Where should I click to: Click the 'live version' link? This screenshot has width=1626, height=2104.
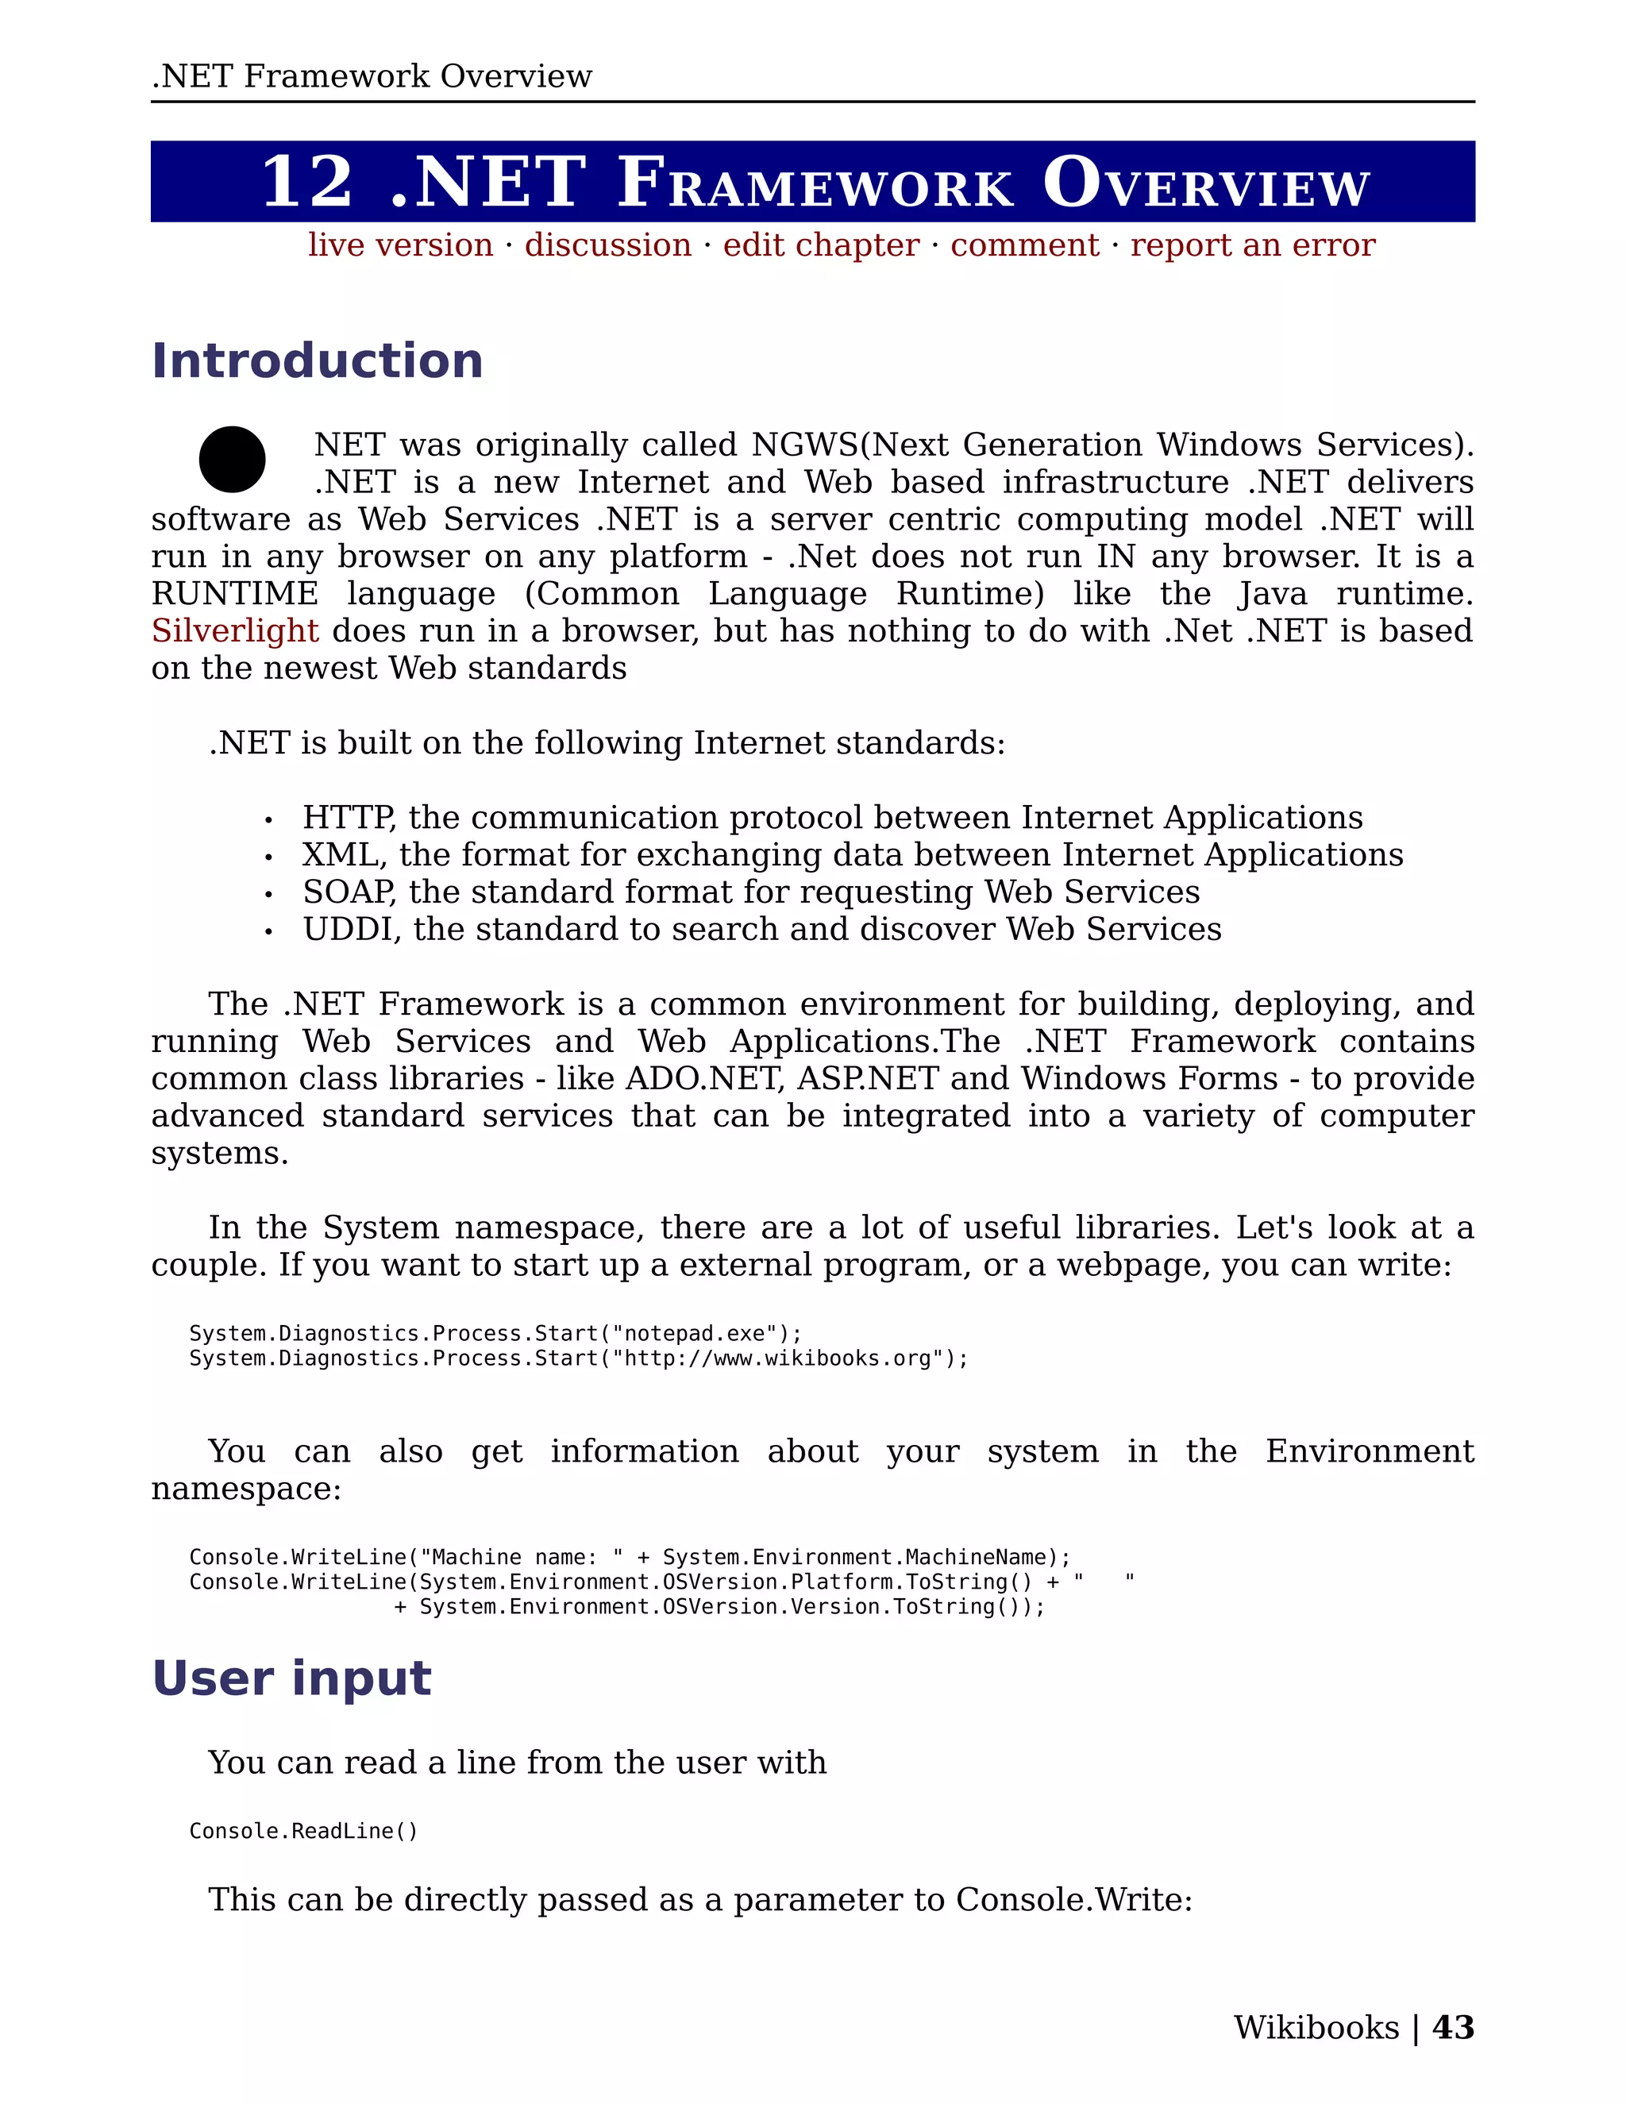pos(400,245)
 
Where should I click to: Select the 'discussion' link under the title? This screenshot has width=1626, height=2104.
pos(608,245)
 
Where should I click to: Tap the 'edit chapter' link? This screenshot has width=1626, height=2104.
pos(821,245)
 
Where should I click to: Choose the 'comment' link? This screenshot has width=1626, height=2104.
pos(1024,245)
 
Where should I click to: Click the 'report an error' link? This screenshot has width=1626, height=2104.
pos(1252,245)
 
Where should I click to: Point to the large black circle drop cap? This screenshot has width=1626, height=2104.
pos(232,460)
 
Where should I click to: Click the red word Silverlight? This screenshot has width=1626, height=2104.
pos(234,631)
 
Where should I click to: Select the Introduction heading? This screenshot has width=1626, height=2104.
pos(317,361)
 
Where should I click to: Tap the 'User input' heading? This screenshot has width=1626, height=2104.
pos(291,1678)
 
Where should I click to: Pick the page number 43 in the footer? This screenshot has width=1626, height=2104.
pos(1453,2027)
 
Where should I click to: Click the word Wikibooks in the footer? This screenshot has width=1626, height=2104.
pos(1316,2027)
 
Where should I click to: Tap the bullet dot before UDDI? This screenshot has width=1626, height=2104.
pos(269,931)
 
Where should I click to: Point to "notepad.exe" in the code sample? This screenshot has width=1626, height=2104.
pos(694,1333)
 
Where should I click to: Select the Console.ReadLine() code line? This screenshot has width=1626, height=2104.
pos(303,1830)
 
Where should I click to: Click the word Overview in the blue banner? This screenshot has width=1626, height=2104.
pos(1205,183)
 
